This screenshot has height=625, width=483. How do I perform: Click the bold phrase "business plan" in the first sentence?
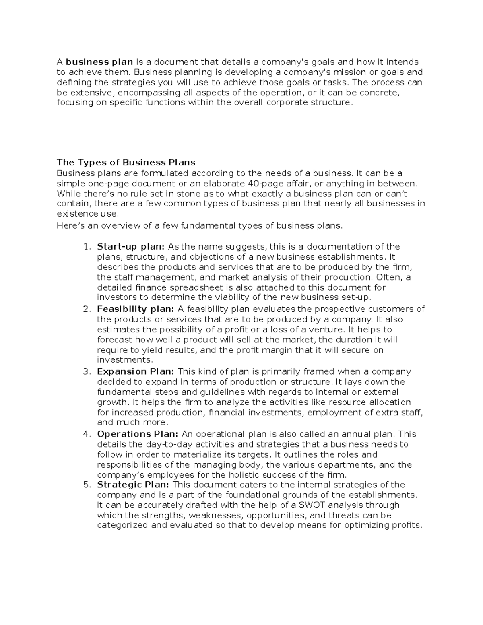99,62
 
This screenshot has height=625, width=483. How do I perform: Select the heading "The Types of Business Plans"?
126,163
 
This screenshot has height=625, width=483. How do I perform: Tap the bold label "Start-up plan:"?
131,247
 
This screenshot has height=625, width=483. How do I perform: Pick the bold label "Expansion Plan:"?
136,371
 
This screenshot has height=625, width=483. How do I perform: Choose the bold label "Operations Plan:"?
138,434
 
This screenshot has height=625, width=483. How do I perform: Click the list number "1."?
87,247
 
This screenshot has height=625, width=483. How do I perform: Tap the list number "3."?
87,371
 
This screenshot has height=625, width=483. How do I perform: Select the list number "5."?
87,485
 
